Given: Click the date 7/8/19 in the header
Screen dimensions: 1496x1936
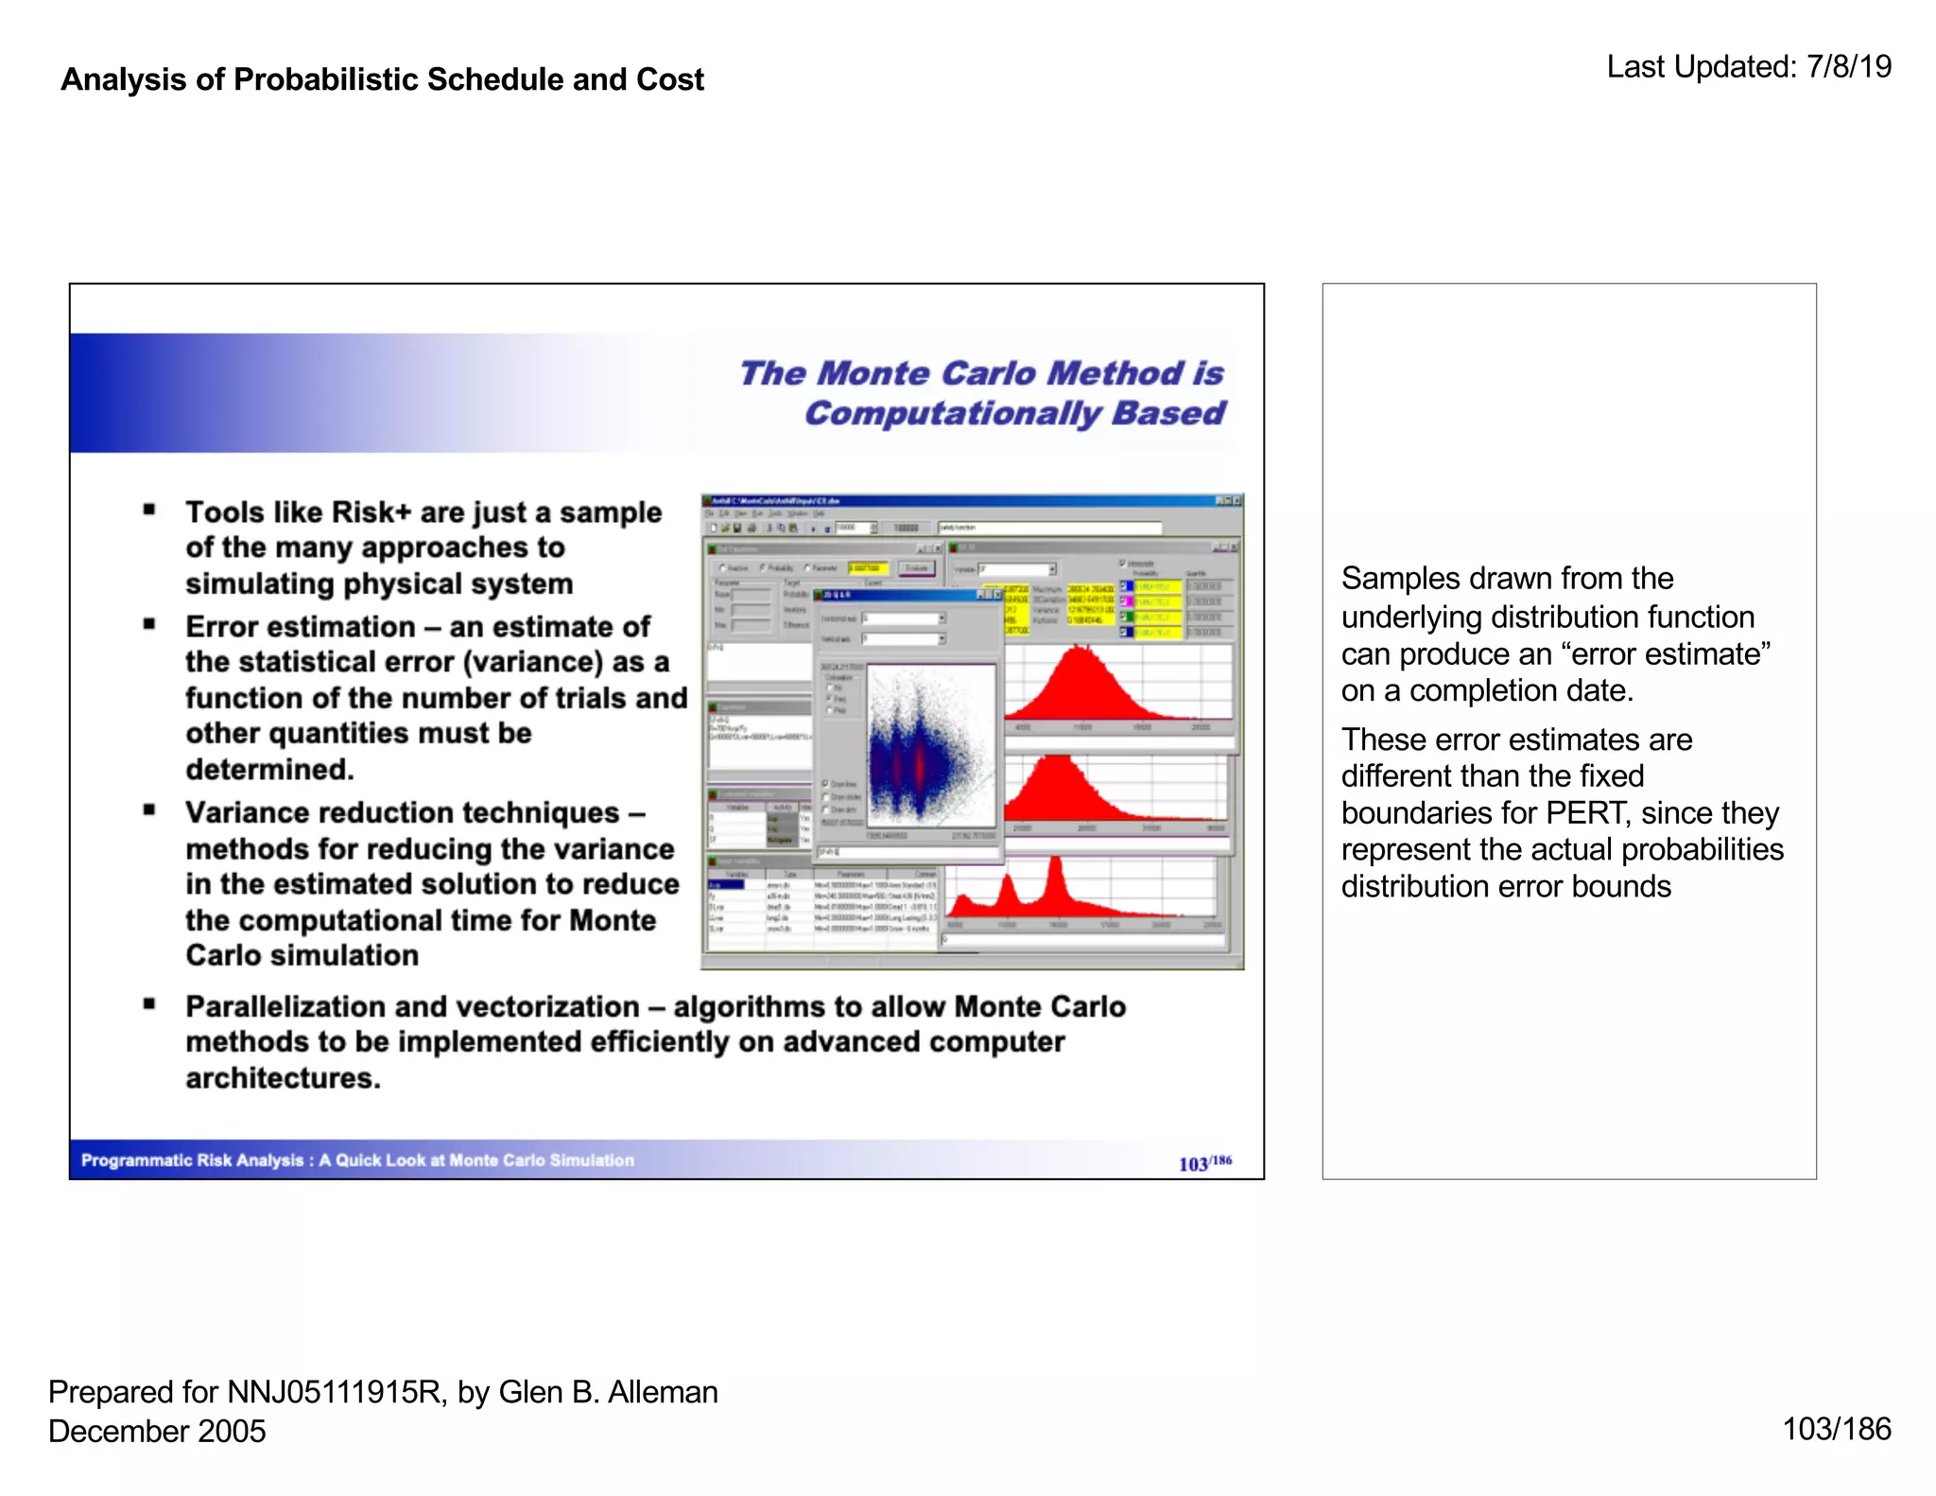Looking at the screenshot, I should pyautogui.click(x=1848, y=67).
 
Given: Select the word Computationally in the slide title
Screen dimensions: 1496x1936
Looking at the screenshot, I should pyautogui.click(x=953, y=414).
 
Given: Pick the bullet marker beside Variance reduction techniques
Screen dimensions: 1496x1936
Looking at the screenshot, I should pyautogui.click(x=149, y=810).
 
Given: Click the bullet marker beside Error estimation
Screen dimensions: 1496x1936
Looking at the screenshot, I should pyautogui.click(x=149, y=624).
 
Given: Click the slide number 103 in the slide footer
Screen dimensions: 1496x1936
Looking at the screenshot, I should pyautogui.click(x=1193, y=1164).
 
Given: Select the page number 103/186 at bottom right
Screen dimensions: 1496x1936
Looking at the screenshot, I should pyautogui.click(x=1836, y=1429).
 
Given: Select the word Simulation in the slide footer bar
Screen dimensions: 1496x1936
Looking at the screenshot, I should pyautogui.click(x=591, y=1160).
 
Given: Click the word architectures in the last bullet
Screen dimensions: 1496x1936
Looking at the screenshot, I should pyautogui.click(x=282, y=1078).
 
